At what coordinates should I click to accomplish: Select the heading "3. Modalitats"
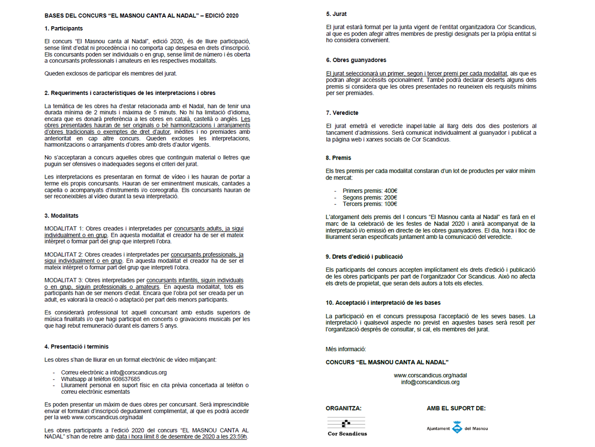[x=61, y=216]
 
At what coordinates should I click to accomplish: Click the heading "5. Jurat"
[x=336, y=14]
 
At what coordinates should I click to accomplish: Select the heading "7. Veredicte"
[x=342, y=113]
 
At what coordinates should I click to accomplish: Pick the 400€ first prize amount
[x=390, y=191]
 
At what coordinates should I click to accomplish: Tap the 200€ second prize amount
[x=390, y=198]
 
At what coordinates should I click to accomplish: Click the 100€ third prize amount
[x=390, y=204]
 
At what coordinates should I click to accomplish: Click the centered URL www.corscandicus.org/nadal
[x=430, y=376]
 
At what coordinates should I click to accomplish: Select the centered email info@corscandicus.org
[x=430, y=382]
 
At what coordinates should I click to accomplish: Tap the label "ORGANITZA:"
[x=344, y=408]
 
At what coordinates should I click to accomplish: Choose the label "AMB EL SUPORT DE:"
[x=456, y=408]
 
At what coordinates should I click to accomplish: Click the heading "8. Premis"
[x=338, y=158]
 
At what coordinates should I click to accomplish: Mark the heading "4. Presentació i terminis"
[x=76, y=347]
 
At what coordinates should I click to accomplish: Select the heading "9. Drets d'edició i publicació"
[x=364, y=257]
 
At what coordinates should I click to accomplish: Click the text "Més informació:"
[x=346, y=349]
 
